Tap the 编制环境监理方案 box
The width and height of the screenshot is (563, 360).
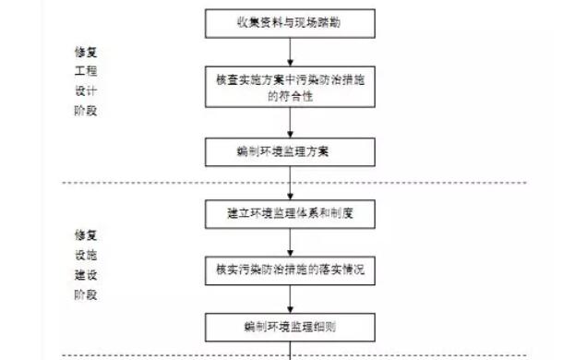coord(292,150)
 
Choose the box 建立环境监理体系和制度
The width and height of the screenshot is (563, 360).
coord(292,214)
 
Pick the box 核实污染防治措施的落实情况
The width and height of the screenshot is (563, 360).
coord(292,270)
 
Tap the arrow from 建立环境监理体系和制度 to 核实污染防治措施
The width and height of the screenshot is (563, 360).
coord(292,242)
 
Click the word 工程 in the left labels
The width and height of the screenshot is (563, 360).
coord(86,71)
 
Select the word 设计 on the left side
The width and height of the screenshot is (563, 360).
coord(86,91)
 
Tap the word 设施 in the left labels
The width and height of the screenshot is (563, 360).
coord(86,254)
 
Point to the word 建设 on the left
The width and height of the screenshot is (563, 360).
coord(86,274)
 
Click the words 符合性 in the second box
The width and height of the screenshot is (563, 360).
coord(290,95)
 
